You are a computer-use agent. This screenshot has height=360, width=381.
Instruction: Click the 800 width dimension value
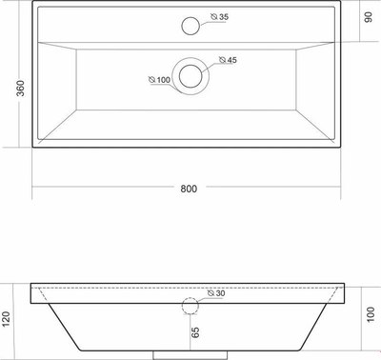(189, 189)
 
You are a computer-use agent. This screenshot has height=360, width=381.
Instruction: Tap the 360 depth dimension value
(20, 89)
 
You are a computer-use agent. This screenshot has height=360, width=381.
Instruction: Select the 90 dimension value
(368, 17)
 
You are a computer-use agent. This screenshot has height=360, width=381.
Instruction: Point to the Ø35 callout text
(220, 17)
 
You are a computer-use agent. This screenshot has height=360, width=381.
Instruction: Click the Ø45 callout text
(228, 60)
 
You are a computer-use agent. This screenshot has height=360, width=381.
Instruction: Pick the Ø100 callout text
(160, 80)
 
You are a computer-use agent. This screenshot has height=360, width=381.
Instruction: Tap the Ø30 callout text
(216, 293)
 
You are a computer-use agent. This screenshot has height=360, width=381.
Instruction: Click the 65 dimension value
(195, 332)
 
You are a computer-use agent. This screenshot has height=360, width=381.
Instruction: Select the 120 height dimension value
(6, 319)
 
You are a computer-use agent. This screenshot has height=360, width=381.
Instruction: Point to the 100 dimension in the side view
(371, 314)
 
